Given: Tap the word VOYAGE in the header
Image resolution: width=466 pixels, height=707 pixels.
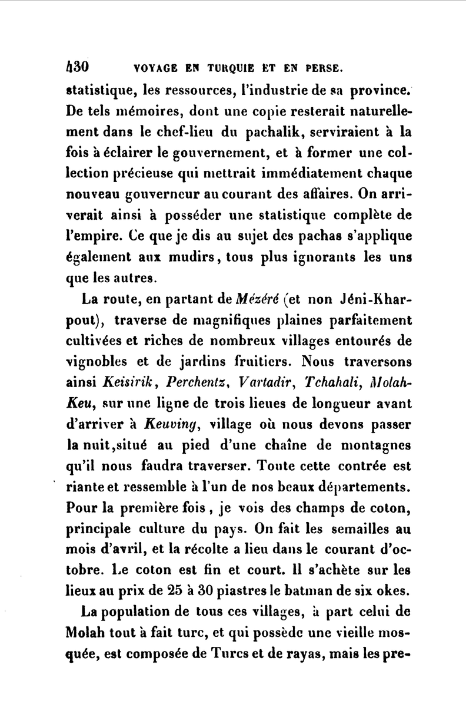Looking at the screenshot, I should pos(157,68).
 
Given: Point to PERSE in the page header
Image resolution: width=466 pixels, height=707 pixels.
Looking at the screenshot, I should pos(320,68).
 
